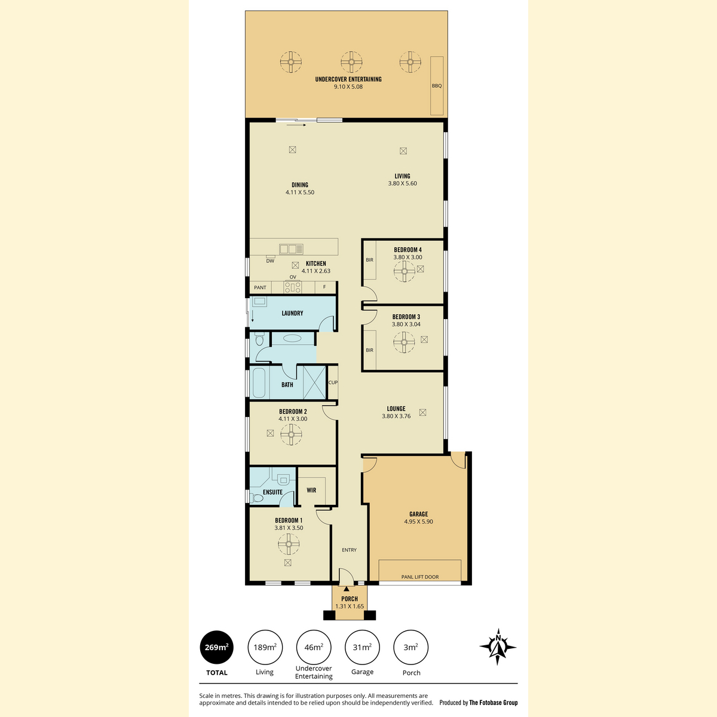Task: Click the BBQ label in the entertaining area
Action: (436, 85)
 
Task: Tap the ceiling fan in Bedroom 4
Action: (404, 271)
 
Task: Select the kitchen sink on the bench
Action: (291, 249)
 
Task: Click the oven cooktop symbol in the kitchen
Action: (292, 287)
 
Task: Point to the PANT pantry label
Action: (260, 287)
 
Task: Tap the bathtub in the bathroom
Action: (259, 383)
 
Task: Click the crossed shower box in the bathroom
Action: (314, 382)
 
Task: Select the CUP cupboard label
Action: (333, 382)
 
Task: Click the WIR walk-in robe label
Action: (311, 490)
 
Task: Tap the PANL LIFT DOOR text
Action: (419, 577)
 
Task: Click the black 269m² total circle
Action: (216, 648)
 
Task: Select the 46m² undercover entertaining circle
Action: (314, 648)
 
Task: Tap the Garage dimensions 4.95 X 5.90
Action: (419, 522)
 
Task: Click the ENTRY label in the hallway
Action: (349, 550)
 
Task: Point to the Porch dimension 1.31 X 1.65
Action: (350, 606)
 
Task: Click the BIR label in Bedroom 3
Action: (369, 350)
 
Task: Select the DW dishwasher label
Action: (270, 261)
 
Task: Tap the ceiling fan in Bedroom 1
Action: (289, 544)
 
